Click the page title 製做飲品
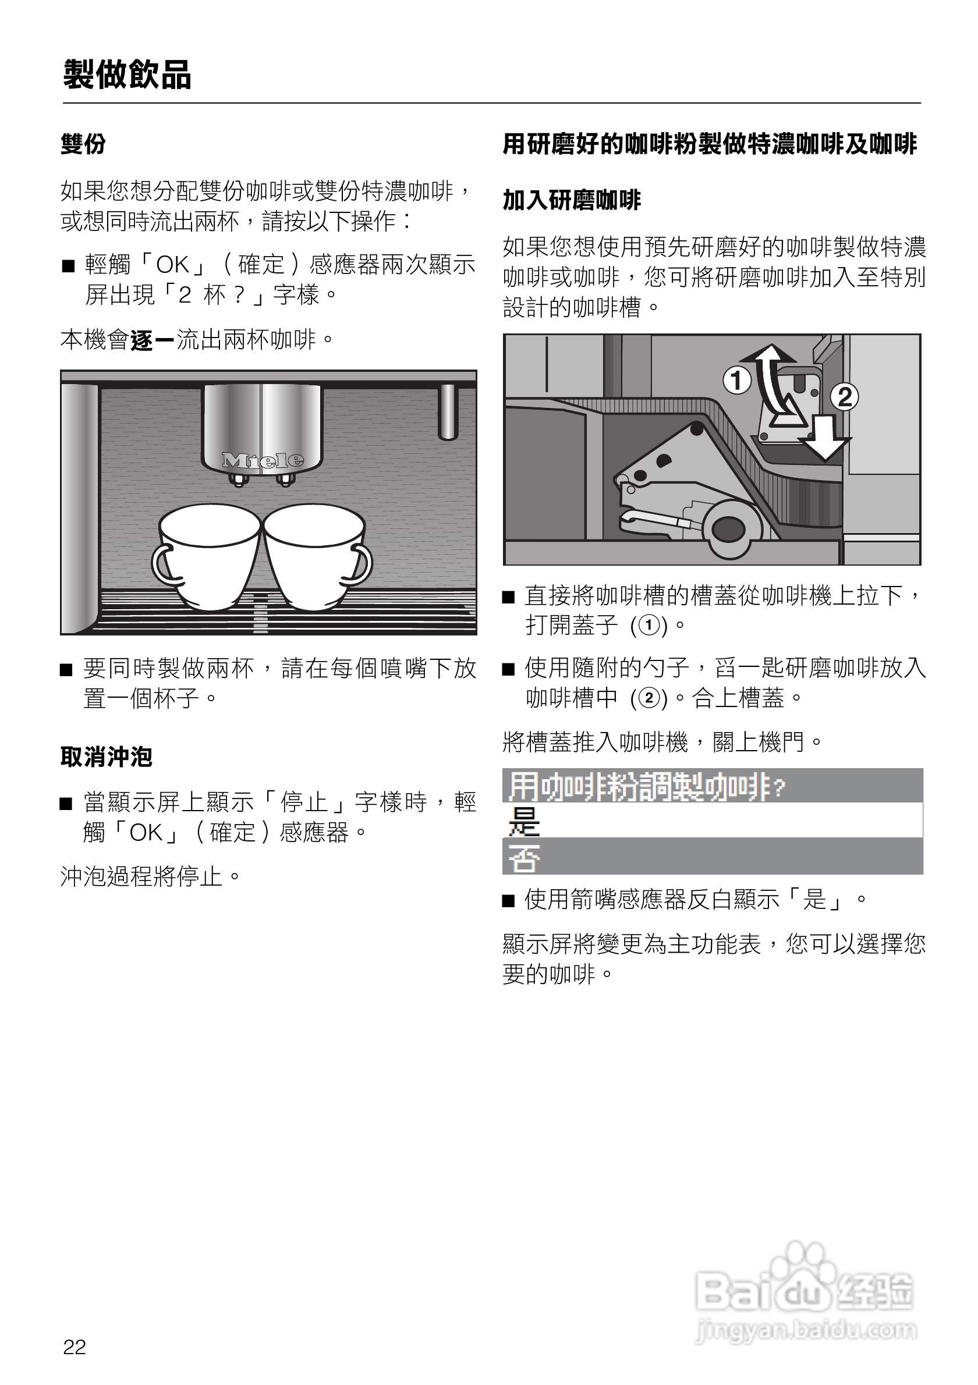tap(127, 76)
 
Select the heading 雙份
tap(83, 144)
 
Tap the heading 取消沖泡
tap(106, 757)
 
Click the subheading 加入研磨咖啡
tap(571, 200)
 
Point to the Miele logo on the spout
tap(263, 460)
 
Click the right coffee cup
tap(314, 555)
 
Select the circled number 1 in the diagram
tap(736, 381)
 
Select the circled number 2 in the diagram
tap(844, 397)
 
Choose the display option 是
tap(524, 821)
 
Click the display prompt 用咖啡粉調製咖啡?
tap(646, 786)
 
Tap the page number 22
tap(75, 1347)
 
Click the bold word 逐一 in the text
tap(153, 340)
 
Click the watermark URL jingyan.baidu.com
tap(806, 1330)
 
